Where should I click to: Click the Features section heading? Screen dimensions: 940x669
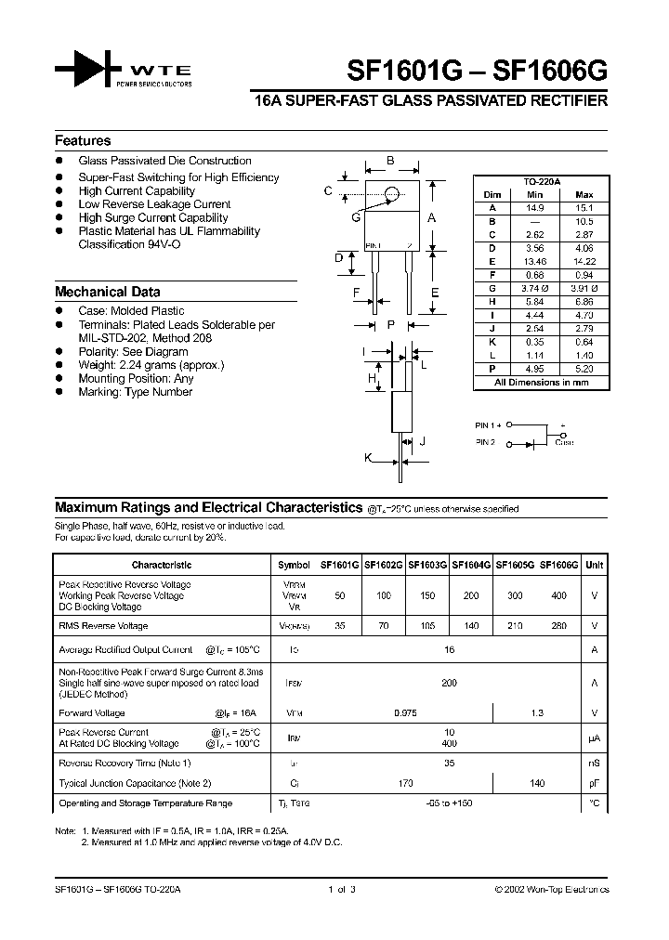pyautogui.click(x=83, y=141)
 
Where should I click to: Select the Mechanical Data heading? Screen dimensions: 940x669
pyautogui.click(x=107, y=292)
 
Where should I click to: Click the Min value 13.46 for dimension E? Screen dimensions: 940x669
pyautogui.click(x=534, y=262)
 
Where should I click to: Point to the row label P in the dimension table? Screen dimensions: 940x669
pyautogui.click(x=492, y=368)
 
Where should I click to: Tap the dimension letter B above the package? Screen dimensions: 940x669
pyautogui.click(x=390, y=162)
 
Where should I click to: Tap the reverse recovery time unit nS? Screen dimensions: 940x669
pyautogui.click(x=594, y=763)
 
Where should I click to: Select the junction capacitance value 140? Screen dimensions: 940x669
pyautogui.click(x=537, y=784)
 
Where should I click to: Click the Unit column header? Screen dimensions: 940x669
pyautogui.click(x=595, y=565)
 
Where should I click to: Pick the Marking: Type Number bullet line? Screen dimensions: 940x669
pyautogui.click(x=136, y=392)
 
